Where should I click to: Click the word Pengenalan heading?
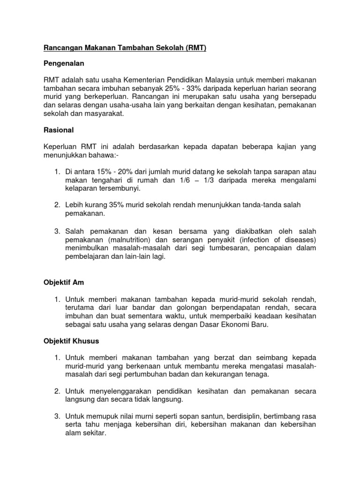point(65,62)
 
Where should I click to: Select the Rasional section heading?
point(59,130)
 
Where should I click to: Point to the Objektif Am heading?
point(62,283)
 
